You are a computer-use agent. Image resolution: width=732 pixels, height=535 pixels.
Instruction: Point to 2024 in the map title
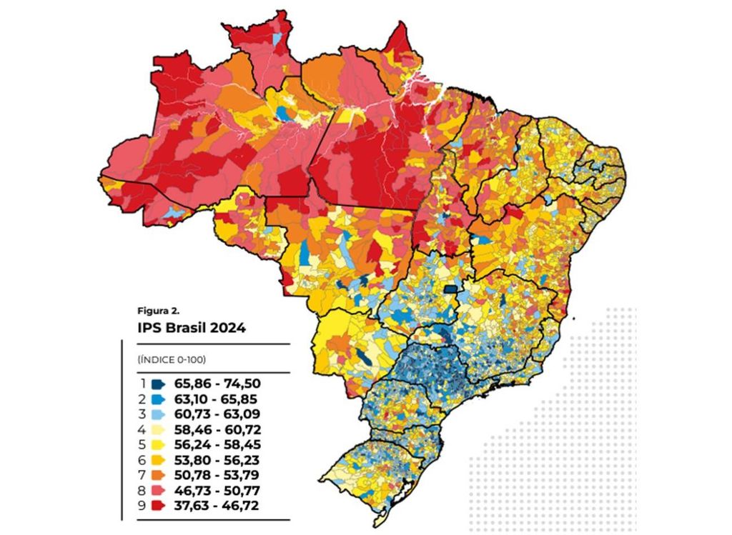229,329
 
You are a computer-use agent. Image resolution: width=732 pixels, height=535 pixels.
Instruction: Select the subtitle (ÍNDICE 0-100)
167,359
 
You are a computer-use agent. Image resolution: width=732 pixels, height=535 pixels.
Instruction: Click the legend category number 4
143,430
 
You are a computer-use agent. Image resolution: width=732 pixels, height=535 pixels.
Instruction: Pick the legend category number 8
143,490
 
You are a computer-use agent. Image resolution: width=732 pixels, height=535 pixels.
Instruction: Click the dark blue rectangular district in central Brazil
451,289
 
